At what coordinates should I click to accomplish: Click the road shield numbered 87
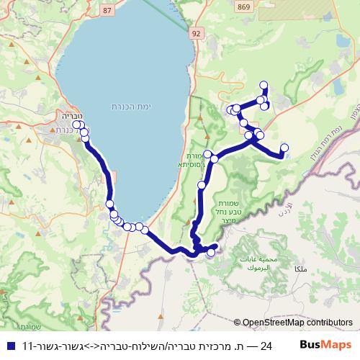click(108, 10)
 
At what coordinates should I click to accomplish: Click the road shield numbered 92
click(197, 33)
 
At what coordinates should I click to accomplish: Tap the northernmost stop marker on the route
click(264, 85)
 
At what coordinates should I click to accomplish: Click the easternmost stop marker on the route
click(284, 148)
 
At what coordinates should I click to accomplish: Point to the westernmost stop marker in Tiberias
click(76, 125)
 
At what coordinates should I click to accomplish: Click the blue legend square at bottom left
click(10, 346)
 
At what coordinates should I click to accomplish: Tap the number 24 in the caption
click(266, 346)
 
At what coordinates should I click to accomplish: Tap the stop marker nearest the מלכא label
click(211, 253)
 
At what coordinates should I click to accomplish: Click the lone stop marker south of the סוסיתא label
click(202, 185)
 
